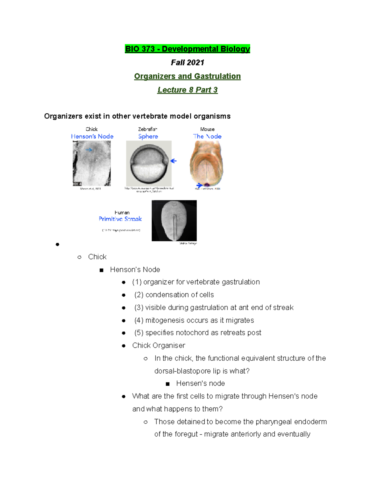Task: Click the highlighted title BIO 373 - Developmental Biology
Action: pos(187,49)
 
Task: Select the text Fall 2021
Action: pos(187,63)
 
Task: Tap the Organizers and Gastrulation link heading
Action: pos(187,77)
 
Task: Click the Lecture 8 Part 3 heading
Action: pos(187,90)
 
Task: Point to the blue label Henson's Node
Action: pos(92,136)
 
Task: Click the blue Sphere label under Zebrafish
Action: pos(148,136)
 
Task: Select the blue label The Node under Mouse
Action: pos(207,136)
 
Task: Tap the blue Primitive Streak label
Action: pos(120,219)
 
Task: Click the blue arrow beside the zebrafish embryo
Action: pos(174,161)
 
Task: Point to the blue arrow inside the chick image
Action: pos(89,150)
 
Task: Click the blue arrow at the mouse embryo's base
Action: pos(199,185)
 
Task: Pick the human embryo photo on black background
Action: pos(174,220)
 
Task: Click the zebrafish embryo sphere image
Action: pos(149,163)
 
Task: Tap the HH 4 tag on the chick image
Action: pos(77,184)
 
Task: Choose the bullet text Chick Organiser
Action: pos(158,345)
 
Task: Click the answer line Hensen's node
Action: pos(200,384)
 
